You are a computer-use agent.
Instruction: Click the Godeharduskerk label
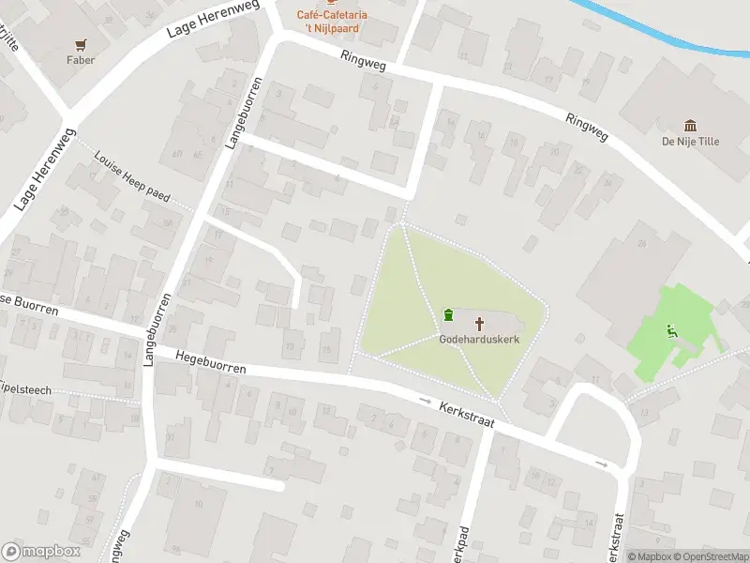pos(479,340)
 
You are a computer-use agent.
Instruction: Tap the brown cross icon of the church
pos(480,325)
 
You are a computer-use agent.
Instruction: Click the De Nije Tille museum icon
pos(691,126)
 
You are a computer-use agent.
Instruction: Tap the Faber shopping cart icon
pos(81,44)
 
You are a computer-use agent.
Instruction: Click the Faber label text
pos(81,60)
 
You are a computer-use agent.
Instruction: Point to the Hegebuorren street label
pos(210,361)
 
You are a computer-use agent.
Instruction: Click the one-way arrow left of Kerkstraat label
pos(425,401)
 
